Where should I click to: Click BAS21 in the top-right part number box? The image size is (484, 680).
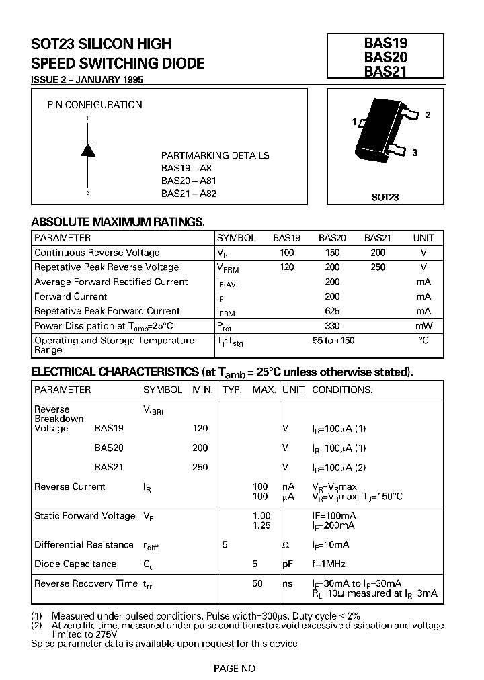click(385, 71)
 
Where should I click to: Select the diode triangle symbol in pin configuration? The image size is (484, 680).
click(88, 150)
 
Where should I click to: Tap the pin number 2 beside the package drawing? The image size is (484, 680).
click(428, 115)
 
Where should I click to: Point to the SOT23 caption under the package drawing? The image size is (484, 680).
click(385, 197)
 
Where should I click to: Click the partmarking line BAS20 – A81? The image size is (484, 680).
click(190, 181)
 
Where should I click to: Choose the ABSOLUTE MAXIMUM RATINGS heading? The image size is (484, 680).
click(118, 222)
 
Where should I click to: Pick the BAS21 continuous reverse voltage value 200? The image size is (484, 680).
click(378, 253)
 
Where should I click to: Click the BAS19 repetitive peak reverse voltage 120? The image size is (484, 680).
click(286, 267)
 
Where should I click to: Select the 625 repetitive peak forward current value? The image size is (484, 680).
click(332, 311)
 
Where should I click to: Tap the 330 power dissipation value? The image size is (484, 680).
click(332, 326)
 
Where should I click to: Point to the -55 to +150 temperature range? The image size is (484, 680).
click(332, 341)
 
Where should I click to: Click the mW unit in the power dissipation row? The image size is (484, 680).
click(424, 326)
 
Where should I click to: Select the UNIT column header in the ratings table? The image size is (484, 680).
click(424, 238)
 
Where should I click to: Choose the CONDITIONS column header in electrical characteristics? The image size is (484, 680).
click(342, 390)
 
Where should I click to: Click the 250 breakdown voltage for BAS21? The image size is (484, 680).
click(200, 467)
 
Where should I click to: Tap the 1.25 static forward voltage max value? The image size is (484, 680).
click(261, 525)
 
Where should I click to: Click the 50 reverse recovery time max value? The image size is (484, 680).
click(257, 583)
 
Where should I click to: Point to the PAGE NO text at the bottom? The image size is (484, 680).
click(235, 668)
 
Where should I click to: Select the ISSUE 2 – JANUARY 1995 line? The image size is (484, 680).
click(87, 79)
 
